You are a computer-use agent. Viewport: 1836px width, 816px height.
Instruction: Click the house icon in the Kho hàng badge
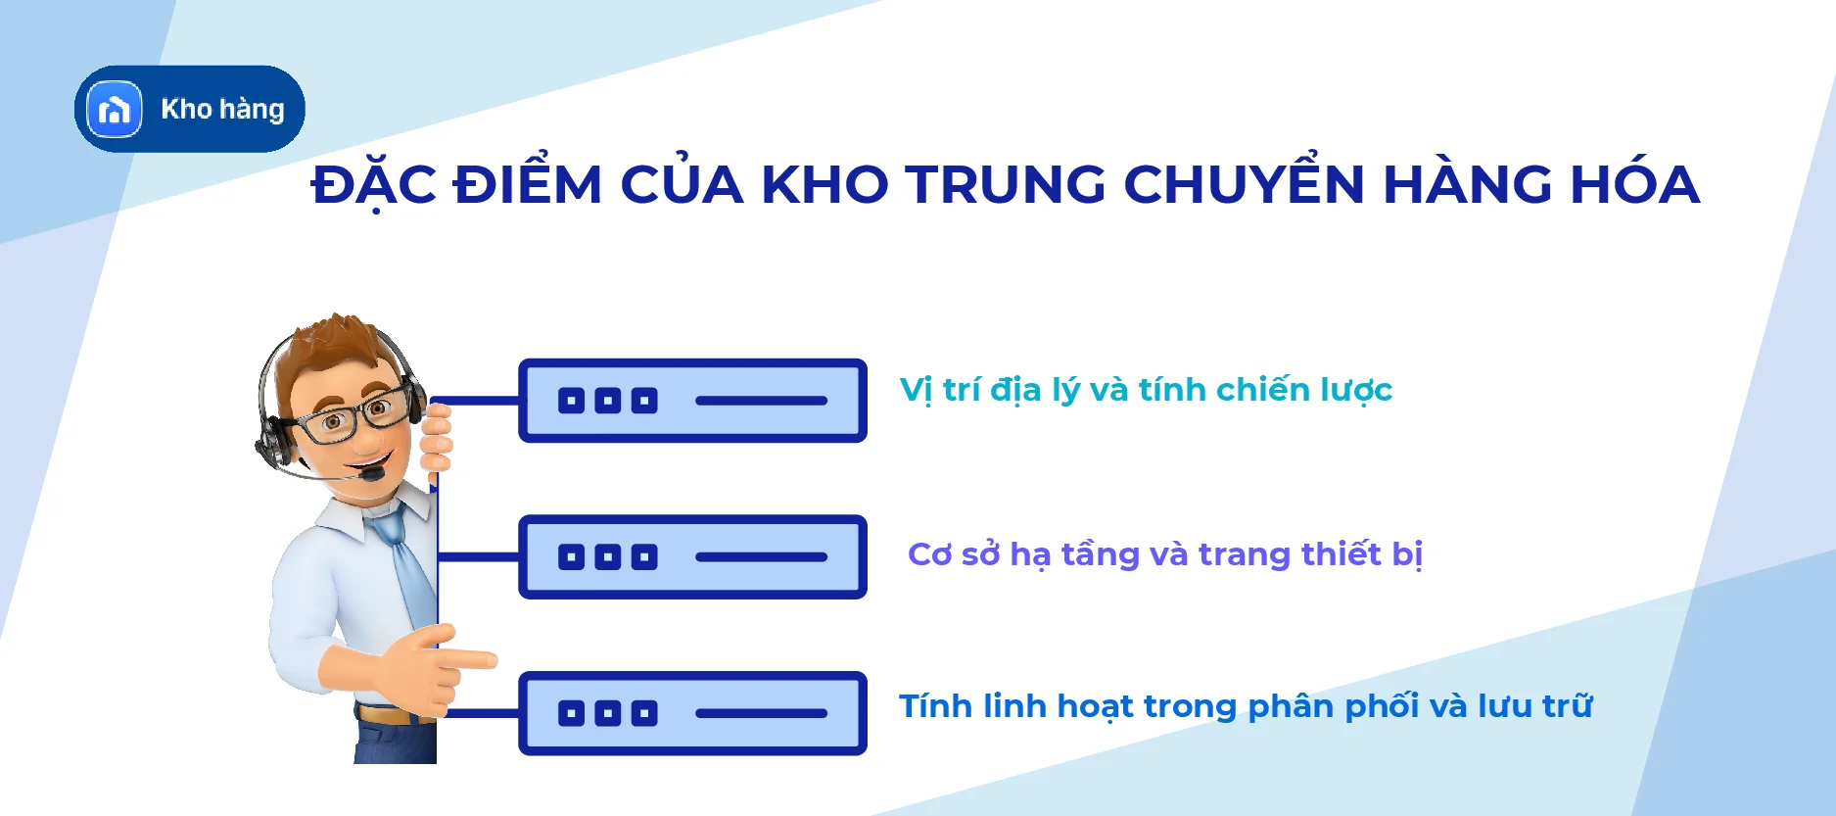click(x=115, y=109)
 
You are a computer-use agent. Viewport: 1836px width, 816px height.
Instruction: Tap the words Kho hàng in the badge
click(x=222, y=109)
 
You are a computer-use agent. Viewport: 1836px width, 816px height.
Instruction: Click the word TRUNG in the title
click(x=1005, y=184)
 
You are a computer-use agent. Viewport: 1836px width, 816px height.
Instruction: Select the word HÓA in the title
click(x=1634, y=184)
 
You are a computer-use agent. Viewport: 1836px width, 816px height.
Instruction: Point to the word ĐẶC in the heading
click(x=374, y=184)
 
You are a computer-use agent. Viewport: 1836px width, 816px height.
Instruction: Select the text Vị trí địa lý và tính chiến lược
click(x=1145, y=390)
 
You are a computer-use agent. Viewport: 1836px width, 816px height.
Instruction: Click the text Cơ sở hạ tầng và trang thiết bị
click(x=1164, y=554)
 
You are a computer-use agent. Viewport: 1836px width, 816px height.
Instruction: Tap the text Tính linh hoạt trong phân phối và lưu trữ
click(x=1245, y=706)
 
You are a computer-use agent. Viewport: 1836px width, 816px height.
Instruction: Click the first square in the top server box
click(x=571, y=401)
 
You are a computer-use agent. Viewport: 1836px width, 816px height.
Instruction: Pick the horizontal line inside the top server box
click(x=761, y=401)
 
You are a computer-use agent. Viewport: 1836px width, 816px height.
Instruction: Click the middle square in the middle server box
click(x=608, y=557)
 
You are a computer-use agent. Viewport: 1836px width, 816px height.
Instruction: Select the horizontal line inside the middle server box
click(x=761, y=557)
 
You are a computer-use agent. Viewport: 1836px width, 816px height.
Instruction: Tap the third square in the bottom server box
click(x=644, y=713)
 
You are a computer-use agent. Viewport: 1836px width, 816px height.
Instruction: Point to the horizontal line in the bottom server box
click(x=761, y=713)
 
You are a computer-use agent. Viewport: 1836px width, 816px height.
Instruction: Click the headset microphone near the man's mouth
click(x=373, y=474)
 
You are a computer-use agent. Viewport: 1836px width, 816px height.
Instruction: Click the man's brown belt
click(x=387, y=715)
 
